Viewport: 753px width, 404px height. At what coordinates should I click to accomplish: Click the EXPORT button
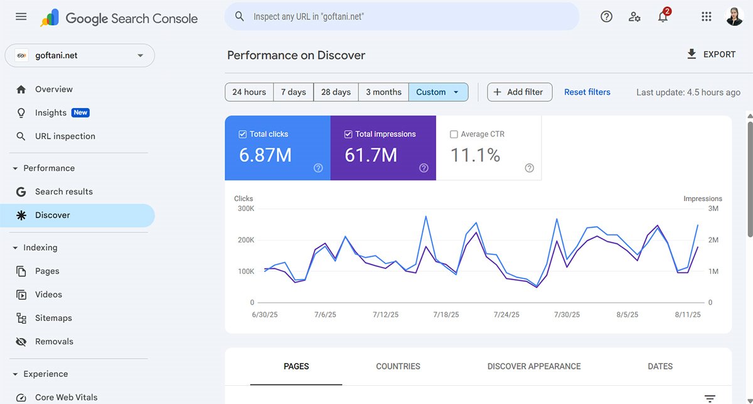[711, 55]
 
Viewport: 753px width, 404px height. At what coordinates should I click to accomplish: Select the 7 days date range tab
[293, 92]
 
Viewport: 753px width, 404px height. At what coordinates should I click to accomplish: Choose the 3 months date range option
[383, 92]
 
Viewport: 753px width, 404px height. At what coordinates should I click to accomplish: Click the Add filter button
[519, 92]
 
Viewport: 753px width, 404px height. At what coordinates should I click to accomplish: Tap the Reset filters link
[587, 92]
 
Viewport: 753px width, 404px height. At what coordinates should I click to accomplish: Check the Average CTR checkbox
[454, 134]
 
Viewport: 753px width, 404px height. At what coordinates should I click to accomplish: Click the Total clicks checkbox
[243, 134]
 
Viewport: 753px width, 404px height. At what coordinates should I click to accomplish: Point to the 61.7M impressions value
[371, 155]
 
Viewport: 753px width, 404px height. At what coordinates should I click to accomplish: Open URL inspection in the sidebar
[65, 136]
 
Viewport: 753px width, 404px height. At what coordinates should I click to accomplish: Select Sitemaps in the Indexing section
[53, 318]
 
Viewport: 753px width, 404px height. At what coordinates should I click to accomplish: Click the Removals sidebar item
[54, 342]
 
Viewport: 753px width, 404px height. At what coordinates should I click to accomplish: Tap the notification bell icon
[663, 17]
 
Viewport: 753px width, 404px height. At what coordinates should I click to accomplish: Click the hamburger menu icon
[21, 17]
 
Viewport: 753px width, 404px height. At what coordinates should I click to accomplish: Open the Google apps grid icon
[706, 17]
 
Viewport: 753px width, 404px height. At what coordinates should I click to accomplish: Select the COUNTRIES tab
[398, 366]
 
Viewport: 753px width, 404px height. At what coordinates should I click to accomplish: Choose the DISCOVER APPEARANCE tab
[533, 366]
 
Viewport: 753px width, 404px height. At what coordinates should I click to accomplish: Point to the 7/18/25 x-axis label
[446, 315]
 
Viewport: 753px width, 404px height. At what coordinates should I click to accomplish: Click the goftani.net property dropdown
[80, 55]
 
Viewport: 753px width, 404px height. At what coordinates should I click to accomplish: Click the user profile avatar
[734, 17]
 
